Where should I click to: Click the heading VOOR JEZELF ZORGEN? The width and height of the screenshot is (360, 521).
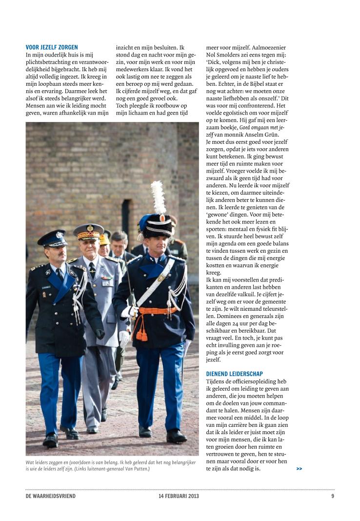51,48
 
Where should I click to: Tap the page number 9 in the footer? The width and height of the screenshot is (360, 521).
332,496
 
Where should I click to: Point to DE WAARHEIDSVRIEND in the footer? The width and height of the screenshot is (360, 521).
51,496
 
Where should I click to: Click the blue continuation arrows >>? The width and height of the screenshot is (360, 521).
299,469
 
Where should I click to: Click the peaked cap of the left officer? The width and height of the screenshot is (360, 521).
53,238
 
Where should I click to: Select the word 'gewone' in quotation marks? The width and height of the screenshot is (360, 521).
220,214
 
